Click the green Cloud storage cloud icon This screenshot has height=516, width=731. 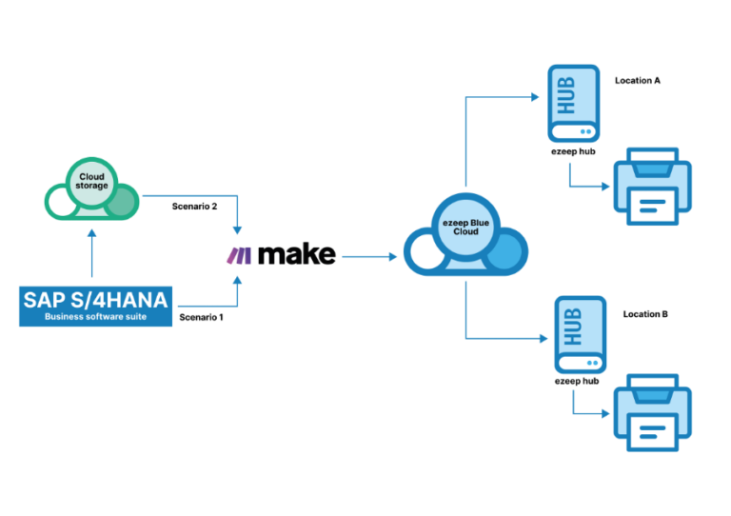pyautogui.click(x=92, y=190)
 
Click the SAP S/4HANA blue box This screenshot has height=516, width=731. pyautogui.click(x=95, y=306)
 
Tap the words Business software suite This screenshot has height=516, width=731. pyautogui.click(x=95, y=316)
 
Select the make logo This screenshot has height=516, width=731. pyautogui.click(x=281, y=254)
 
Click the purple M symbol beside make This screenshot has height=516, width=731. pyautogui.click(x=240, y=254)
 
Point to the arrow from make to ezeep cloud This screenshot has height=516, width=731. pyautogui.click(x=369, y=256)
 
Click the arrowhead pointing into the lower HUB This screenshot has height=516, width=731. pyautogui.click(x=544, y=338)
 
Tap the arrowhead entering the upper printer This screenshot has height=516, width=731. pyautogui.click(x=605, y=188)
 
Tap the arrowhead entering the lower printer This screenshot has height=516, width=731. pyautogui.click(x=605, y=414)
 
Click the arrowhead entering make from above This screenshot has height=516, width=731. pyautogui.click(x=237, y=231)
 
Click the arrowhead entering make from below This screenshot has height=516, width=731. pyautogui.click(x=237, y=277)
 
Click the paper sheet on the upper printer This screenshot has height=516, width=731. pyautogui.click(x=652, y=203)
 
